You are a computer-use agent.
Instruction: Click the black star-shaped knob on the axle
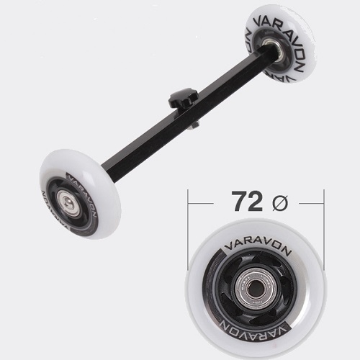tap(183, 97)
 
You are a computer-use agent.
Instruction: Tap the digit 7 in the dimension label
tap(240, 201)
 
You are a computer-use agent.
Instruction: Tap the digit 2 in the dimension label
tap(257, 201)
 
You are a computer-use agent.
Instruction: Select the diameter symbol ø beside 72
tap(280, 203)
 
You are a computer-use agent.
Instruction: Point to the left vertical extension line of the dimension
tap(188, 230)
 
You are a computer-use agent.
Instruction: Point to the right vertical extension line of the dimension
tap(324, 230)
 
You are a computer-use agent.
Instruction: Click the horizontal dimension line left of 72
tap(201, 204)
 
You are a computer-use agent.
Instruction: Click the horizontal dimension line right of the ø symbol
tap(311, 204)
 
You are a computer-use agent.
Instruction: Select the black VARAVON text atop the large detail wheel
tap(258, 246)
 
